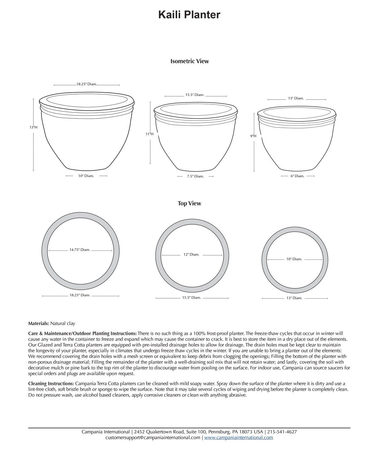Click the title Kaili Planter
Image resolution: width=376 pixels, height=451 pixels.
click(x=189, y=15)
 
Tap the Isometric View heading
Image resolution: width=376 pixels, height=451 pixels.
click(x=190, y=61)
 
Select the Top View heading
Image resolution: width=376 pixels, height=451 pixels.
click(x=189, y=204)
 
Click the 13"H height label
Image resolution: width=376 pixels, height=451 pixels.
click(x=33, y=127)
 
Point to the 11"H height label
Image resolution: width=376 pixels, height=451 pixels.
click(x=149, y=134)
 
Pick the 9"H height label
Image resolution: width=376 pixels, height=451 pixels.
click(x=253, y=136)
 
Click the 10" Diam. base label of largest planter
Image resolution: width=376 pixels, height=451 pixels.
click(x=86, y=176)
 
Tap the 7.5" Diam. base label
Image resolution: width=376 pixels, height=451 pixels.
click(x=196, y=176)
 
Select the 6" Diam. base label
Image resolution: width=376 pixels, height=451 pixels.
click(x=297, y=176)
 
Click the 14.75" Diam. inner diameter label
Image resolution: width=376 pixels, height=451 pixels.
click(x=80, y=250)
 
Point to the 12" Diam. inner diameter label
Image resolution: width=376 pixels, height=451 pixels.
click(x=191, y=255)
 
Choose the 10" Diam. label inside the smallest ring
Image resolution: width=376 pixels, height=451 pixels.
click(x=294, y=259)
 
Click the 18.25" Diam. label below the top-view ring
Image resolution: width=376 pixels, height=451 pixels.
click(x=80, y=295)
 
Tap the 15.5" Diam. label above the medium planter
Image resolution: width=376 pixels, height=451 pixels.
click(x=195, y=95)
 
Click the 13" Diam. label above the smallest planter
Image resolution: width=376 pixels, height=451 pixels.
click(x=296, y=98)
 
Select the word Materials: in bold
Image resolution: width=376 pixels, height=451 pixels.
click(x=39, y=324)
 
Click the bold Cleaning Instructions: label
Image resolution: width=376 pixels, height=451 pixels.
click(x=51, y=384)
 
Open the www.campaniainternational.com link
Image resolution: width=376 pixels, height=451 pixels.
click(x=239, y=438)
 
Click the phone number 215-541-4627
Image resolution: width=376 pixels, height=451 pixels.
click(x=282, y=432)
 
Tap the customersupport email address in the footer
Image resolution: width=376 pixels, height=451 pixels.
click(x=153, y=438)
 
